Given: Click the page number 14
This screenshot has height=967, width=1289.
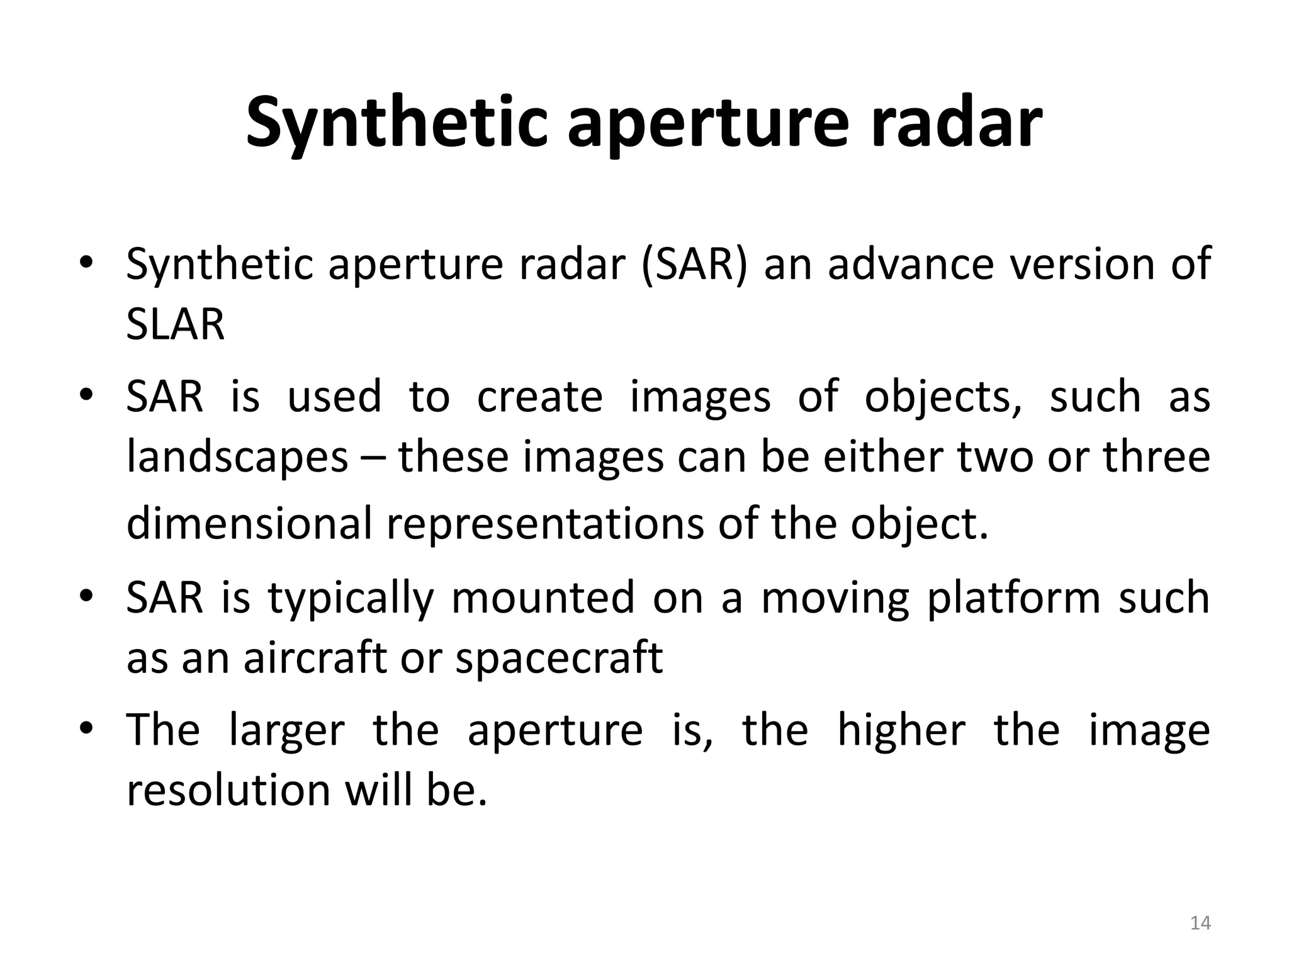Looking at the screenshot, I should (1200, 923).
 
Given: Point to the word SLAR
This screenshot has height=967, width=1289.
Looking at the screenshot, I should (175, 325).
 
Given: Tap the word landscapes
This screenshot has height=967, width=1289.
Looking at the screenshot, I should (237, 458).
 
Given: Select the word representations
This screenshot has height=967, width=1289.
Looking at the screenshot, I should (544, 524).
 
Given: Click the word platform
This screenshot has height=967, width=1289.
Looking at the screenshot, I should (1013, 597).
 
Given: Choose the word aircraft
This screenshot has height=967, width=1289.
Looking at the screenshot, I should (314, 658).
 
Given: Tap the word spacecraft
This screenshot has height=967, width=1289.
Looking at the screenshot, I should (559, 658).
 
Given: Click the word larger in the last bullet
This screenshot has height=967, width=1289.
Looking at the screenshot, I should (286, 730).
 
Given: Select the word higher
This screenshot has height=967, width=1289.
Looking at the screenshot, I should (901, 730).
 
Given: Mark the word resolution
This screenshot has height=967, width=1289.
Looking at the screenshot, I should (228, 791).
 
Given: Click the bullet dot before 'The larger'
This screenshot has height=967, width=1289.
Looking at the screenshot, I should (86, 728).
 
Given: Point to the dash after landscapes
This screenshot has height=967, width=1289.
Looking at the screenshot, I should (373, 458).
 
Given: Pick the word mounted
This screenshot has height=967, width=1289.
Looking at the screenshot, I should (543, 597).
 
